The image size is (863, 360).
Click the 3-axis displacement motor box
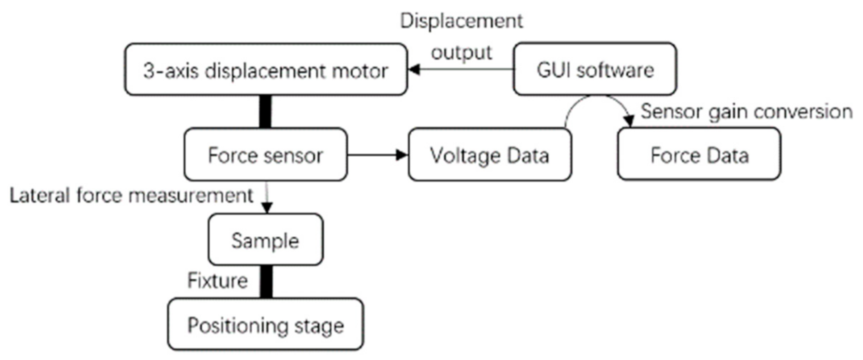265,69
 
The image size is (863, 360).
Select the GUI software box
594,69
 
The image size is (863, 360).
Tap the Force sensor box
265,155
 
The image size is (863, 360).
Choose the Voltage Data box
489,155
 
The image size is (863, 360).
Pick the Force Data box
699,155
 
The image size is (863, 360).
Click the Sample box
265,240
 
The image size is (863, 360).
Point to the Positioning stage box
265,324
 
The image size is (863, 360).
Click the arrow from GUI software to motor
460,69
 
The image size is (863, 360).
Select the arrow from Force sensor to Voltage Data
377,155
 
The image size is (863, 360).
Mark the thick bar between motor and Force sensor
265,111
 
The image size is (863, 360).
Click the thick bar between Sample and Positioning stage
266,281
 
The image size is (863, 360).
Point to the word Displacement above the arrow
461,21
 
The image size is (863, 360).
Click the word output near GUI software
461,52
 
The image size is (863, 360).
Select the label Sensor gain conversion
746,111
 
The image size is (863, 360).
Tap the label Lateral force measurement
131,196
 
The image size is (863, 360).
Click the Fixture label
217,280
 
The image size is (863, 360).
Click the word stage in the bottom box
319,325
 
